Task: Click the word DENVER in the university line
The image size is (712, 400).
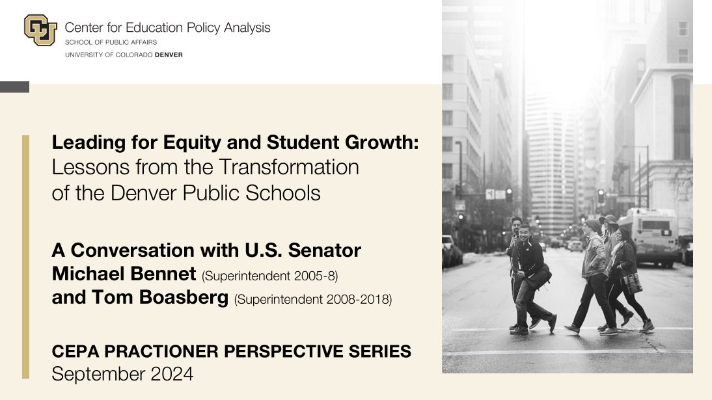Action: click(x=169, y=55)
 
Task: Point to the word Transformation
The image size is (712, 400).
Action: click(x=290, y=167)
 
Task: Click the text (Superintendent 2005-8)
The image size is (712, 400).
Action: click(x=269, y=276)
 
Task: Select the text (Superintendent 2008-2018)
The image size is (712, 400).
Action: click(x=312, y=300)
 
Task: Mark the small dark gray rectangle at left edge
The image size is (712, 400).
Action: click(x=14, y=87)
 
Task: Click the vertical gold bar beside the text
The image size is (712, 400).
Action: click(x=25, y=257)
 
